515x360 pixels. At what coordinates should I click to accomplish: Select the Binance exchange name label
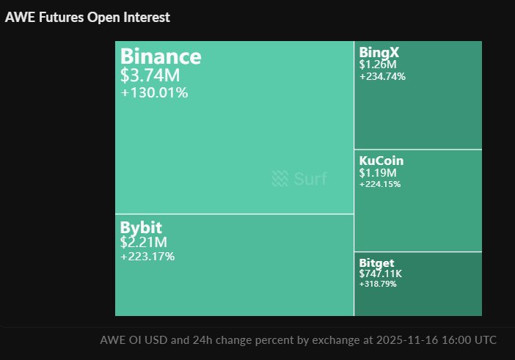click(x=160, y=56)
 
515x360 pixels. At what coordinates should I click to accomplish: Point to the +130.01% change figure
click(x=154, y=92)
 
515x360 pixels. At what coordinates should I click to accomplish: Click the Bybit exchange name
click(x=141, y=227)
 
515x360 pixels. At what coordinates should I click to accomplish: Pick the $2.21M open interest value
click(x=144, y=242)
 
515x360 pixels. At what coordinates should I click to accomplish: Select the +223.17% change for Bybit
click(x=147, y=257)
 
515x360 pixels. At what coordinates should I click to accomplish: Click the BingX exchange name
click(x=379, y=52)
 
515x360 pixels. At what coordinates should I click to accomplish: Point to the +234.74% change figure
click(x=382, y=76)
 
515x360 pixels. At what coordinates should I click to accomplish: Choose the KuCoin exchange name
click(x=381, y=161)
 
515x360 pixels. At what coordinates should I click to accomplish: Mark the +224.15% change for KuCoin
click(x=380, y=184)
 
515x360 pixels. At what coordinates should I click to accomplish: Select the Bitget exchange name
click(x=377, y=262)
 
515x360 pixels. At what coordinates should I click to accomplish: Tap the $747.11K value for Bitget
click(x=381, y=273)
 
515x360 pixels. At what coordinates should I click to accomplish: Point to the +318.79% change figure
click(x=378, y=284)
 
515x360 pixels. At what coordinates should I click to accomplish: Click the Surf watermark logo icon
click(x=280, y=178)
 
